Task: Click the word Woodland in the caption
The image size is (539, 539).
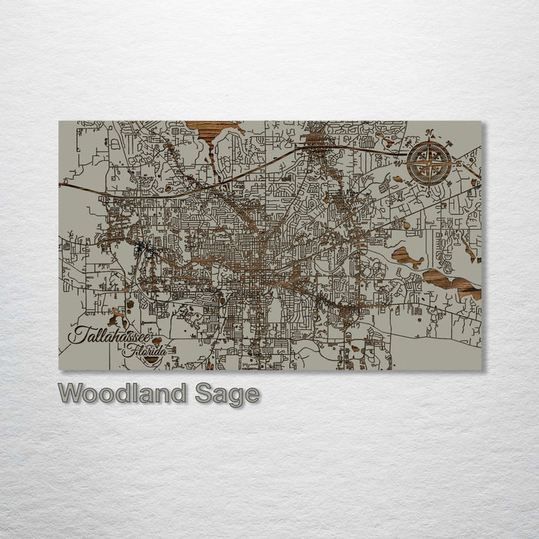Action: pos(124,394)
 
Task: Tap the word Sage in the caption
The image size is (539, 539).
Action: pos(227,395)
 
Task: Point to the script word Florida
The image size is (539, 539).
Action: pos(146,349)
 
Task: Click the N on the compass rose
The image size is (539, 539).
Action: pos(430,134)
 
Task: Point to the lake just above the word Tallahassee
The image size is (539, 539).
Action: pos(116,317)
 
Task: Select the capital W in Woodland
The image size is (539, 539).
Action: pos(71,394)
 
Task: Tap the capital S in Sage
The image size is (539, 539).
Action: pos(204,395)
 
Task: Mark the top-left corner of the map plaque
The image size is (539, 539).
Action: pos(59,121)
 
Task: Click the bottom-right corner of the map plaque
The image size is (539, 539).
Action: pos(481,370)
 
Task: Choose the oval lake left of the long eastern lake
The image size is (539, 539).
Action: pos(406,257)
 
